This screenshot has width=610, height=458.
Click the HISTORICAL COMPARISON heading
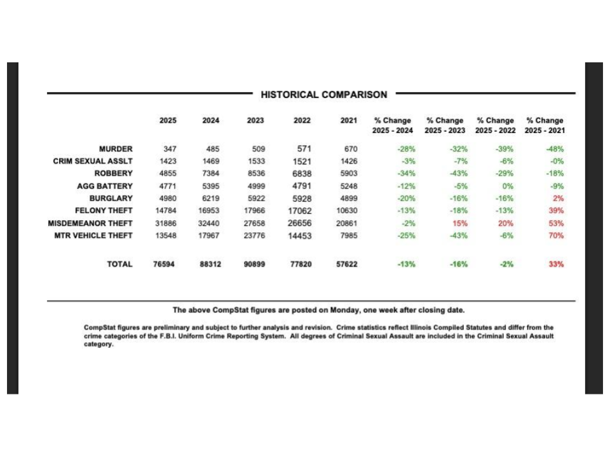[323, 95]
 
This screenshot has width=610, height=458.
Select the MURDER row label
[116, 149]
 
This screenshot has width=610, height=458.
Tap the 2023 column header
[255, 120]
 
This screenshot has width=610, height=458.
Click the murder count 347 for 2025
[169, 149]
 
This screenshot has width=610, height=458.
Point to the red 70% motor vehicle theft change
[556, 235]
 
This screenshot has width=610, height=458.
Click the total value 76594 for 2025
[165, 264]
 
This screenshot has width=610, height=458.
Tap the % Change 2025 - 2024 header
[392, 125]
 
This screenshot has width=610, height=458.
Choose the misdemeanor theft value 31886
[166, 223]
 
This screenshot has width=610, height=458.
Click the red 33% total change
[556, 264]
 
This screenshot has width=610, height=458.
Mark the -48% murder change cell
[555, 149]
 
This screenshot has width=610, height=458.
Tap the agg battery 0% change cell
[507, 186]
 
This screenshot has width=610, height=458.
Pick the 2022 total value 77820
[301, 264]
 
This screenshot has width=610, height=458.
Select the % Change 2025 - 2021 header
[545, 125]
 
